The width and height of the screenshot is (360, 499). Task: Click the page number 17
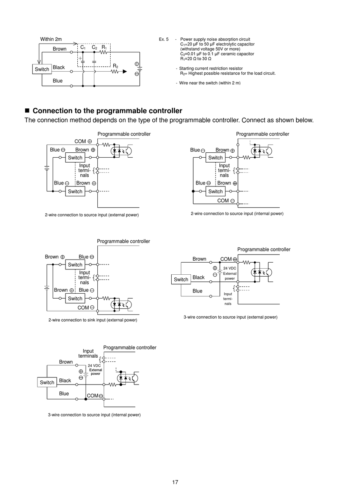[x=175, y=482]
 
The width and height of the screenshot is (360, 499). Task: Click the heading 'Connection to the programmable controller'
[x=107, y=111]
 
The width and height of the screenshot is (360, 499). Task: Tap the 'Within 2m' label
[x=51, y=39]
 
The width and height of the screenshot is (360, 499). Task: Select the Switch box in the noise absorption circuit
[x=42, y=69]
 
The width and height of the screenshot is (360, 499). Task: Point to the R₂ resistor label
[x=116, y=66]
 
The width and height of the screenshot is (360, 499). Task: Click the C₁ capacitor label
[x=83, y=47]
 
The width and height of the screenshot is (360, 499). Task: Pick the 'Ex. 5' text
[x=164, y=39]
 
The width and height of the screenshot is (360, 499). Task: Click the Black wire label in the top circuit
[x=59, y=67]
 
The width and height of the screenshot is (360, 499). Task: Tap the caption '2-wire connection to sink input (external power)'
[x=93, y=320]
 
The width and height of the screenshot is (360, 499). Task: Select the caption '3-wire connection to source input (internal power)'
[x=94, y=415]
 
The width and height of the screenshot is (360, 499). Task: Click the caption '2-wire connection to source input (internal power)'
[x=237, y=214]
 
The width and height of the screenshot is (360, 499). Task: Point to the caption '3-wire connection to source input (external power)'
[x=230, y=317]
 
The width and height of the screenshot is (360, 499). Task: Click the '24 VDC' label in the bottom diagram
[x=94, y=366]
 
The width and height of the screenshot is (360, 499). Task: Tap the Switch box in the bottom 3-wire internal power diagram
[x=47, y=382]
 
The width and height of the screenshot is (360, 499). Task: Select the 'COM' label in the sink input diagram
[x=83, y=308]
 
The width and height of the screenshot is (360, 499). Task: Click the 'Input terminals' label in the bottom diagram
[x=88, y=354]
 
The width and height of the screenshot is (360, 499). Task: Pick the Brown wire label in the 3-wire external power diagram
[x=199, y=259]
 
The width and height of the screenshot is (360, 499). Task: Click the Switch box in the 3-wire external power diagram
[x=181, y=280]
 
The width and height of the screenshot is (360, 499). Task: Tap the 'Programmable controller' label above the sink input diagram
[x=123, y=241]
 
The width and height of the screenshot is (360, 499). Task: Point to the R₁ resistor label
[x=104, y=47]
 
